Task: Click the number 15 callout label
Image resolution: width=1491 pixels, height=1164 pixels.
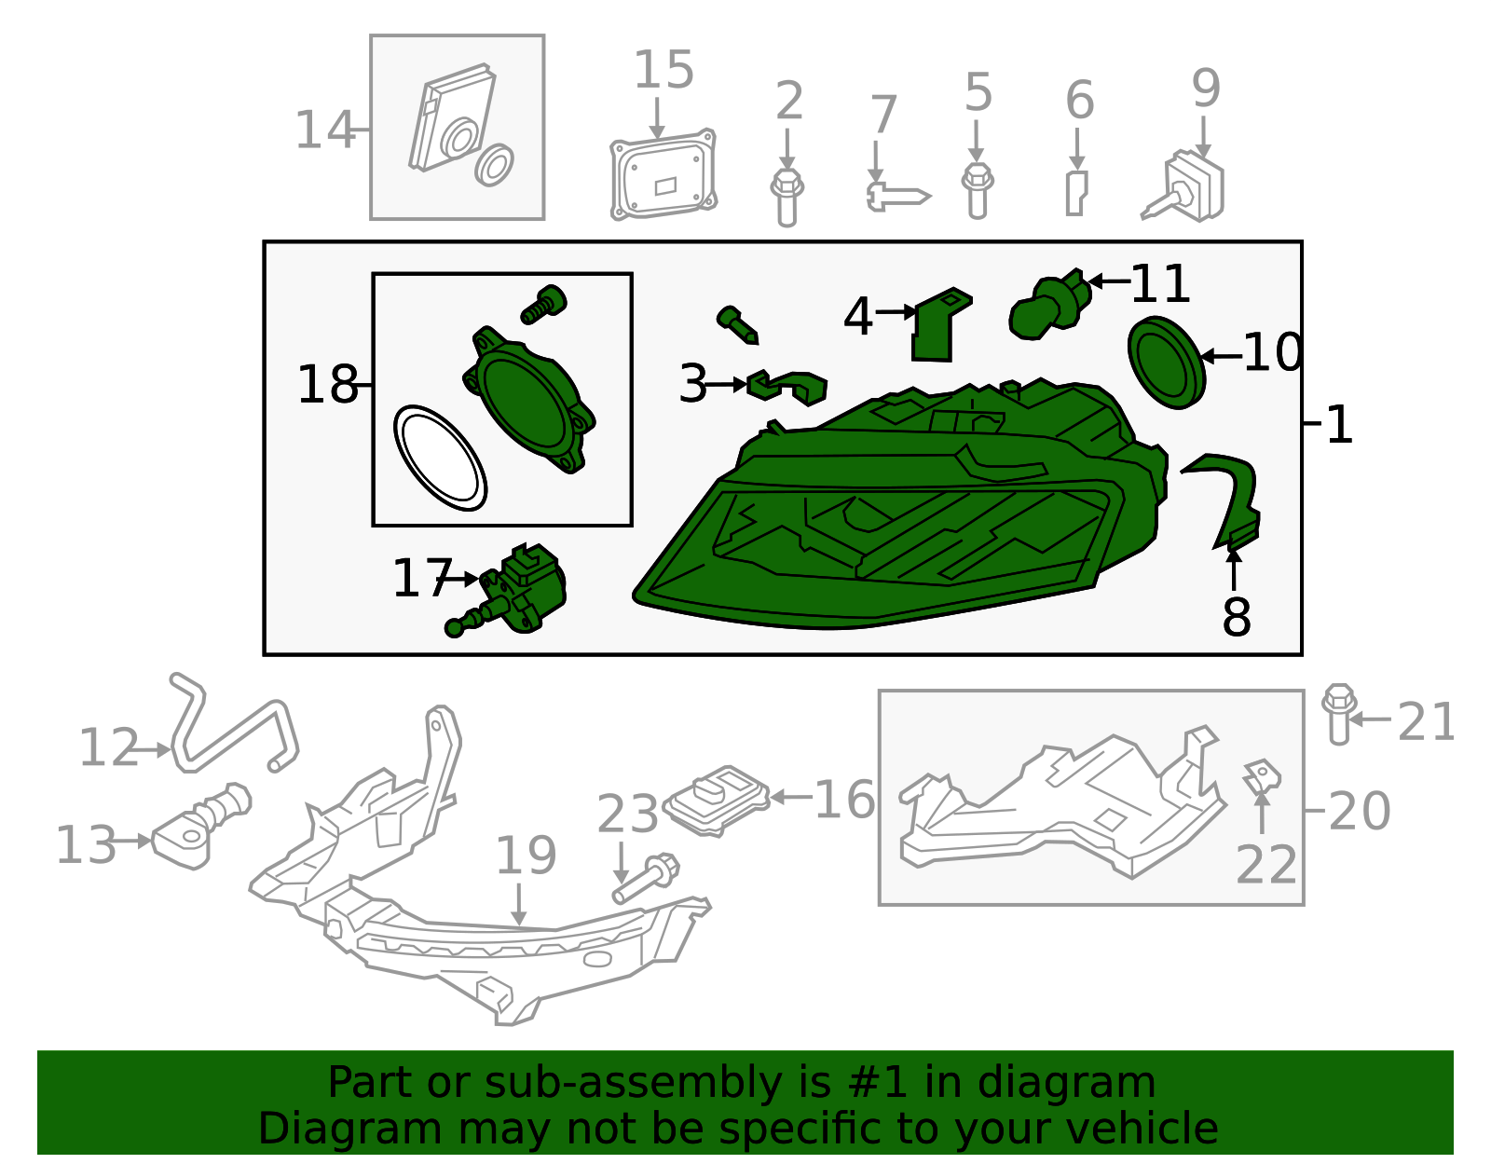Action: tap(663, 70)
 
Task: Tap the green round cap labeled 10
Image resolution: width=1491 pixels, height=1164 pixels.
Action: tap(1166, 363)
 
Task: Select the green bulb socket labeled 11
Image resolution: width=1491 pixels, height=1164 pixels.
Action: tap(1050, 304)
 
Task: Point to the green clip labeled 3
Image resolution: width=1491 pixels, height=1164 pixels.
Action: tap(787, 388)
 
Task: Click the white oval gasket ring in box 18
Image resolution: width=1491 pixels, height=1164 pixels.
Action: tap(440, 459)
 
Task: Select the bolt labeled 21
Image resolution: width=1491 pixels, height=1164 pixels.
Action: tap(1339, 714)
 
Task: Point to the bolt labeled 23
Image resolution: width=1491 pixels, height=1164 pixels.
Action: tap(646, 879)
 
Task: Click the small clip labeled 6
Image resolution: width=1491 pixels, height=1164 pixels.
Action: tap(1076, 194)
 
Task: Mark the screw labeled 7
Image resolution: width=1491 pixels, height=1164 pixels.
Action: tap(897, 196)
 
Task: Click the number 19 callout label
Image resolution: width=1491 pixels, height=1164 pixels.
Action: tap(526, 856)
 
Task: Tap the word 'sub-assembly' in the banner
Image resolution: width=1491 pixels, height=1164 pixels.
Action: tap(633, 1083)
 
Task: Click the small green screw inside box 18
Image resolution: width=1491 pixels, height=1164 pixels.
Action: tap(543, 305)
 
